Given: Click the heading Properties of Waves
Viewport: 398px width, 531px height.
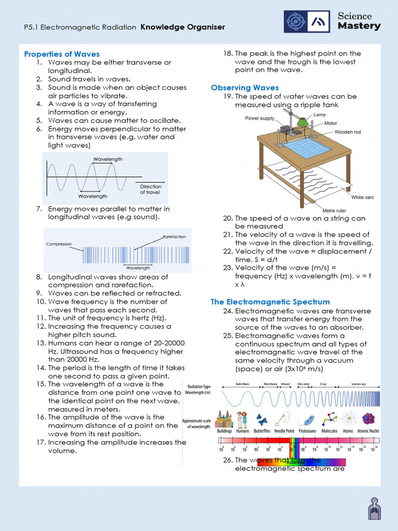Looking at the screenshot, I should pyautogui.click(x=62, y=54).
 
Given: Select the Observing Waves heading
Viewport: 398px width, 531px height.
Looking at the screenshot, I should pyautogui.click(x=245, y=88).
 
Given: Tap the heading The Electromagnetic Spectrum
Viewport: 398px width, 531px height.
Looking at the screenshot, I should pyautogui.click(x=270, y=302).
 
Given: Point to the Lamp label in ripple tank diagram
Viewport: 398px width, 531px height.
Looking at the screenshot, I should pyautogui.click(x=320, y=115).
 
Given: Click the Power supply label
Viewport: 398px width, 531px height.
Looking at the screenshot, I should pyautogui.click(x=260, y=118).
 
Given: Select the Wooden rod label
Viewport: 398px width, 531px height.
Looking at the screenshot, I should pyautogui.click(x=347, y=132).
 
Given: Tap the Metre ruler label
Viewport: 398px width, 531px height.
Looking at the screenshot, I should pyautogui.click(x=335, y=211).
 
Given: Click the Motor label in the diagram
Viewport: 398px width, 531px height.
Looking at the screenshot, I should pyautogui.click(x=331, y=123).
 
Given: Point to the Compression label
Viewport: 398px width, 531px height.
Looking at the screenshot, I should pyautogui.click(x=59, y=244).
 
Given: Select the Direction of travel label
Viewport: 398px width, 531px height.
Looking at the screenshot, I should pyautogui.click(x=150, y=189).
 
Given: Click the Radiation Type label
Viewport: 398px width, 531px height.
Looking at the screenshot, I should pyautogui.click(x=198, y=386).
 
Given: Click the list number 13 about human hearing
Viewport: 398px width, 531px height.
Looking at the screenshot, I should pyautogui.click(x=41, y=343).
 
